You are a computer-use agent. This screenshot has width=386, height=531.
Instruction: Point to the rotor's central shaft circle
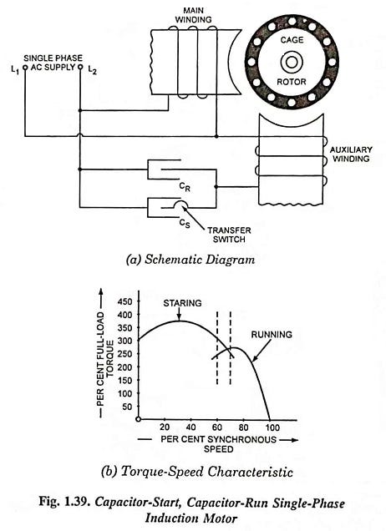292,63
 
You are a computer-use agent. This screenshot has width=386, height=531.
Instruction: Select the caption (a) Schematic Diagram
191,260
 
